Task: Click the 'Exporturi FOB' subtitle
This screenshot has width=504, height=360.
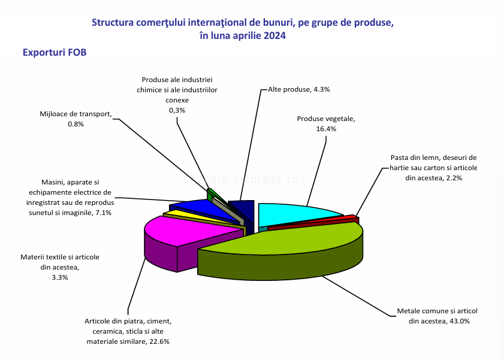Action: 55,53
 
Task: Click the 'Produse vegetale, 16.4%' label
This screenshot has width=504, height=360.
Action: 326,123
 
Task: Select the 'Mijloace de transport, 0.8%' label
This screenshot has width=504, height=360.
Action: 76,118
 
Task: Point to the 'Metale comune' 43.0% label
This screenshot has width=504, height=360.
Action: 437,316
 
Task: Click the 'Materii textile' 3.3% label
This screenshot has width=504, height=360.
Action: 60,267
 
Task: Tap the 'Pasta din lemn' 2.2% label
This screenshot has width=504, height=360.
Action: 433,168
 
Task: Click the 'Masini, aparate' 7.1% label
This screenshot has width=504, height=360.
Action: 70,197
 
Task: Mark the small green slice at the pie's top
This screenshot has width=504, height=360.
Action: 210,193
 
